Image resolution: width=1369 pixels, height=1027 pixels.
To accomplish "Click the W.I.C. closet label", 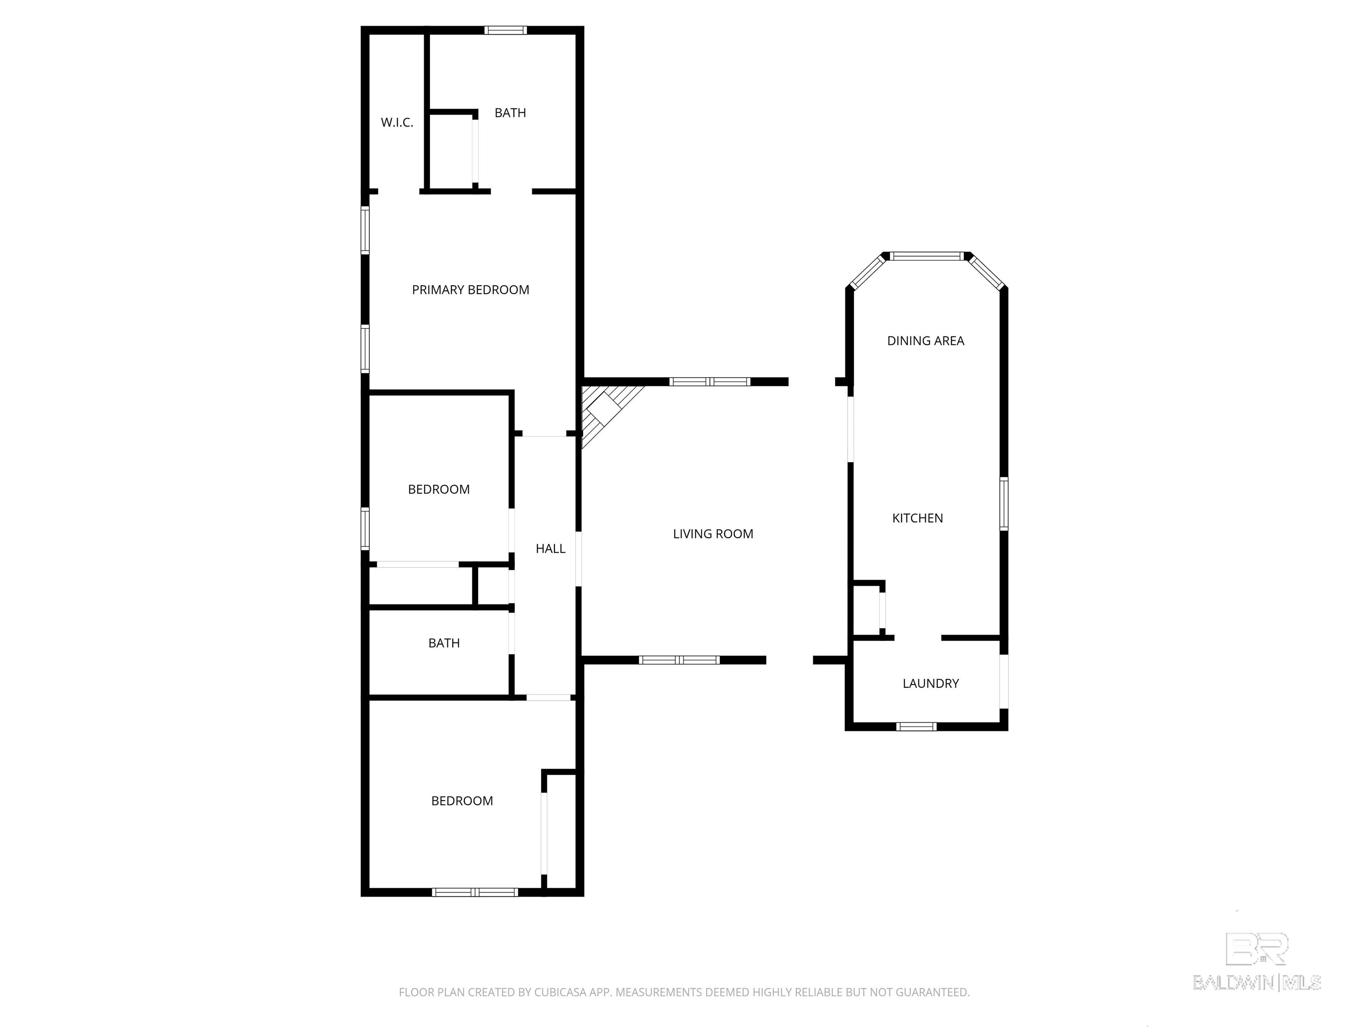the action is (397, 123).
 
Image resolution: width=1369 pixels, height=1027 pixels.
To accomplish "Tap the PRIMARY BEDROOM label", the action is (470, 290).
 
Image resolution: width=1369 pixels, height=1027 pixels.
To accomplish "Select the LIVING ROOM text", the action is (713, 534).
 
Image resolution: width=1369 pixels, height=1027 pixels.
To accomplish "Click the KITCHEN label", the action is (917, 518).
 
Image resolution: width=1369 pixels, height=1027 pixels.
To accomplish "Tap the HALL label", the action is (550, 548).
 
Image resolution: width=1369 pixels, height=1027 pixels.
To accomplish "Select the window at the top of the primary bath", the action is (506, 30).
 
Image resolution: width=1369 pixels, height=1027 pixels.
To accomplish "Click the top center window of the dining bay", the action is (926, 256).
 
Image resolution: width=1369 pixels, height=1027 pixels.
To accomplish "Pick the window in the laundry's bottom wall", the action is (917, 727).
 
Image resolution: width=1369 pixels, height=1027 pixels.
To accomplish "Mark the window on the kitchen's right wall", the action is (1004, 503).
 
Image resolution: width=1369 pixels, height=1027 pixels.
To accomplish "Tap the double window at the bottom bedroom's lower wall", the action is (475, 892).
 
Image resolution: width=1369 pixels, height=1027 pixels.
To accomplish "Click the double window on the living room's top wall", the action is (710, 381).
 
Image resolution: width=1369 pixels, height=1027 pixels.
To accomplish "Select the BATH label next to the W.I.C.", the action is (510, 113).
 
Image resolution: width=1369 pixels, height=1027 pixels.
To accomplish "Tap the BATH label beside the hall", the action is (444, 643).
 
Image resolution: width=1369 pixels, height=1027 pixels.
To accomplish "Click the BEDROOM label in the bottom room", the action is (462, 801).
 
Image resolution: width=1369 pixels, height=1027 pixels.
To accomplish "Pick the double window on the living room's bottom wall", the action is (679, 660).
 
